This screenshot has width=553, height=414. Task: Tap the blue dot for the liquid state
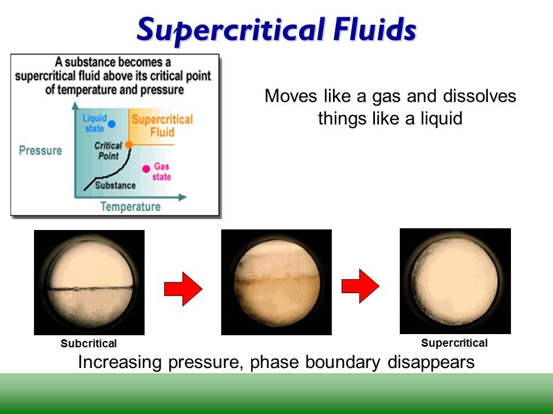(x=112, y=124)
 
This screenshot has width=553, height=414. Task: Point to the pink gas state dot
(x=146, y=168)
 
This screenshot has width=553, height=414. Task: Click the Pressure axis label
(x=40, y=151)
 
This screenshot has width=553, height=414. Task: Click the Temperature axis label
(x=131, y=207)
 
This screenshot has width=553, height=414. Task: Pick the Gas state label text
(x=162, y=171)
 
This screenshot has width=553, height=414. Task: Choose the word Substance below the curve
(x=115, y=186)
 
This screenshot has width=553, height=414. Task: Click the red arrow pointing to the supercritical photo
(x=360, y=285)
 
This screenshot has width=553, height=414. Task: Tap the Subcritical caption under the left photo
(x=89, y=344)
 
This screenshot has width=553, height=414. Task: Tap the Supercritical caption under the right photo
(x=454, y=343)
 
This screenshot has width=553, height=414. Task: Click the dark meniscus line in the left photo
(x=89, y=287)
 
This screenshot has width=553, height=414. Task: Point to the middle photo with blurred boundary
(x=276, y=282)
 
